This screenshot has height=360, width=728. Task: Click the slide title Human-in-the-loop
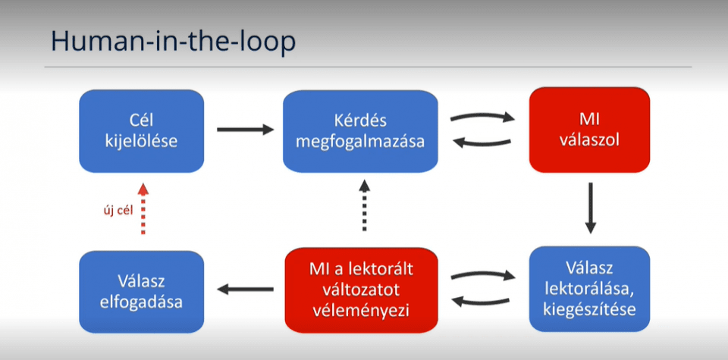pos(173,41)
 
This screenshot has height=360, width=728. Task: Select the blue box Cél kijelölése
pos(142,131)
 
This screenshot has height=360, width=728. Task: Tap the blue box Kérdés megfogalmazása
pos(360,131)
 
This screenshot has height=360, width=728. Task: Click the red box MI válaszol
pos(589,130)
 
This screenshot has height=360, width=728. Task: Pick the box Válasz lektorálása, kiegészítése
pos(590,289)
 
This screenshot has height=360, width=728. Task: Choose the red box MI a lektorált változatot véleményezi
pos(361,290)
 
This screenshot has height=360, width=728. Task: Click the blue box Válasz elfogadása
pos(142,292)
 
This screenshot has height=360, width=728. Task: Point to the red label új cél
pos(118,211)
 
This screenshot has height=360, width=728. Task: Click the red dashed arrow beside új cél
pos(143,208)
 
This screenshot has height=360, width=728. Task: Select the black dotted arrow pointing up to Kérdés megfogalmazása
pos(365,205)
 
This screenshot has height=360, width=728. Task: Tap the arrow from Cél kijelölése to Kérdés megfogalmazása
pos(245,130)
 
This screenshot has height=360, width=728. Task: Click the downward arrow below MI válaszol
pos(590,208)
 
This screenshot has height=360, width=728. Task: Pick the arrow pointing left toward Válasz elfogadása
pos(245,290)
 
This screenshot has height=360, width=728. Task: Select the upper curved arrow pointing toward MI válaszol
pos(483,115)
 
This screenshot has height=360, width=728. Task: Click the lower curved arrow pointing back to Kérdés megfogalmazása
pos(482,144)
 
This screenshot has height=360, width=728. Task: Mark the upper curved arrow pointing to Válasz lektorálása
pos(483,274)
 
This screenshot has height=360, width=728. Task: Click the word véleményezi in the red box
pos(361,311)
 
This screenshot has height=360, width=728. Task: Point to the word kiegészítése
pos(590,308)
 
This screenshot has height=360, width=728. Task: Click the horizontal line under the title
pos(368,67)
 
